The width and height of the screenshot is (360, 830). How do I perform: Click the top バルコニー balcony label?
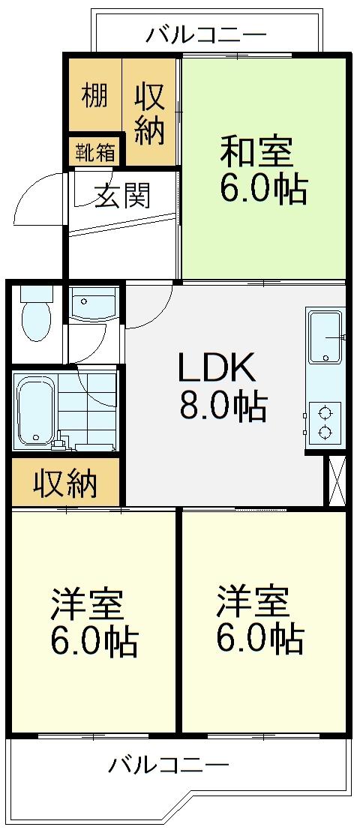(206, 34)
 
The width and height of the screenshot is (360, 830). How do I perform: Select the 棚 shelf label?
(94, 97)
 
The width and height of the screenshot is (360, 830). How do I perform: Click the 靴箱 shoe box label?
(95, 152)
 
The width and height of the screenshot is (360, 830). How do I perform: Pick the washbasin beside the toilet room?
(94, 306)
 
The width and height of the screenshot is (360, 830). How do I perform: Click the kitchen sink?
(325, 337)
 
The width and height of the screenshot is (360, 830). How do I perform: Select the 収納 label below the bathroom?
(65, 484)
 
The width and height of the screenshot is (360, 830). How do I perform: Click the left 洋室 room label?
(86, 604)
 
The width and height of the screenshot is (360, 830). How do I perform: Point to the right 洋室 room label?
(253, 602)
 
